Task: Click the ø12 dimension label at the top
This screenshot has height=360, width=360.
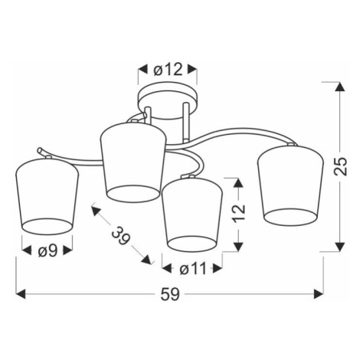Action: tap(168, 69)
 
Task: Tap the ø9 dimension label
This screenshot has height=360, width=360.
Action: tap(47, 251)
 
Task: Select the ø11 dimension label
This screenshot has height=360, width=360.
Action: tap(192, 268)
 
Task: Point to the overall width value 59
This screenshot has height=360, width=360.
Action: tap(170, 294)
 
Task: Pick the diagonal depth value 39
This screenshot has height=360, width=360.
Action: tap(120, 236)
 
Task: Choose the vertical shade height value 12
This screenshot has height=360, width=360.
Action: tap(239, 212)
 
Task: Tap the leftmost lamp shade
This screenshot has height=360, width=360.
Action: tap(47, 196)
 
